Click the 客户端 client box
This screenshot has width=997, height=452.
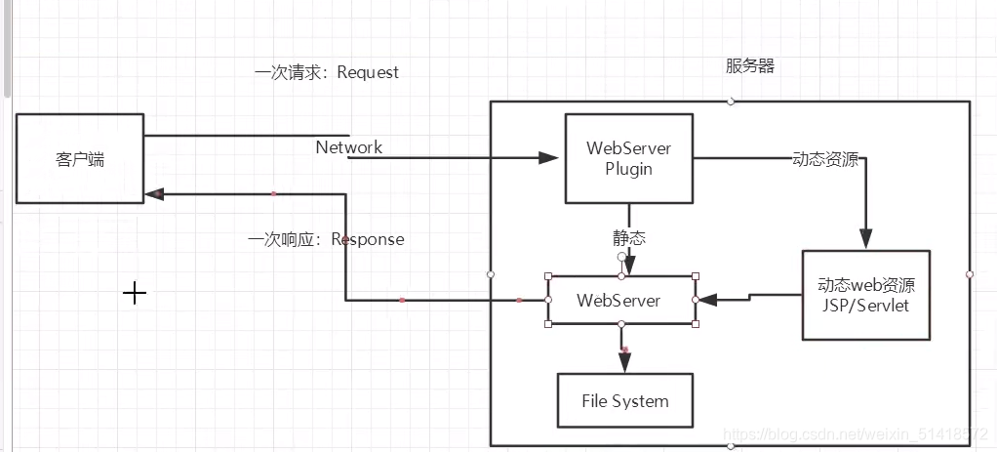pyautogui.click(x=80, y=158)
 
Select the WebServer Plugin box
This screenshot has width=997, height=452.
pyautogui.click(x=628, y=158)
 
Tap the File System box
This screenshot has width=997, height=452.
pyautogui.click(x=624, y=400)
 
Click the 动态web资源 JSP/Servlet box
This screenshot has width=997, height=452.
pyautogui.click(x=865, y=295)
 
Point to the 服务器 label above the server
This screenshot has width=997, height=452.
pyautogui.click(x=749, y=66)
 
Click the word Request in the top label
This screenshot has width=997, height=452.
pyautogui.click(x=368, y=72)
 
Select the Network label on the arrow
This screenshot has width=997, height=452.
pyautogui.click(x=349, y=147)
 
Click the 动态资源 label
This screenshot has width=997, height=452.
pyautogui.click(x=825, y=159)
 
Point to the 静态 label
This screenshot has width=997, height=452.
pyautogui.click(x=628, y=238)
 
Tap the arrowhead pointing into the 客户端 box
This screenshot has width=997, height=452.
pyautogui.click(x=154, y=194)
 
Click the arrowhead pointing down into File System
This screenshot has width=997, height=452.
pyautogui.click(x=623, y=363)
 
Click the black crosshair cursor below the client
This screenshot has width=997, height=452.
pyautogui.click(x=135, y=292)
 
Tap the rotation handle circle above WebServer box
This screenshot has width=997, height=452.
pyautogui.click(x=621, y=257)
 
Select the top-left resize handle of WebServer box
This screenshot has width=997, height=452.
pyautogui.click(x=548, y=276)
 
